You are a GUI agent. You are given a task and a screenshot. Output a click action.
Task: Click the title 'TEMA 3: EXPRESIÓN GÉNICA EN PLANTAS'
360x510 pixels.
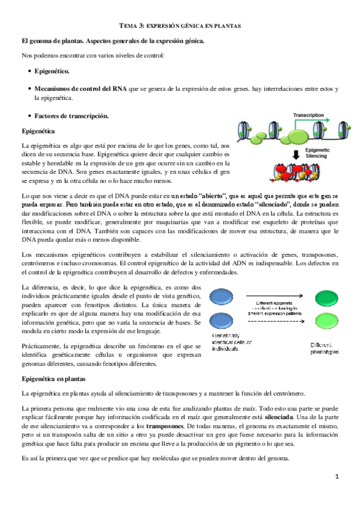click(x=180, y=27)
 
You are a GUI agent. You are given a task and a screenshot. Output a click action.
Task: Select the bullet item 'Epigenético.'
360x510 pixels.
click(x=52, y=72)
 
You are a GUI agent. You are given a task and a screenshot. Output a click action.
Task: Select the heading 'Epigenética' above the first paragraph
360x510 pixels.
click(x=38, y=131)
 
